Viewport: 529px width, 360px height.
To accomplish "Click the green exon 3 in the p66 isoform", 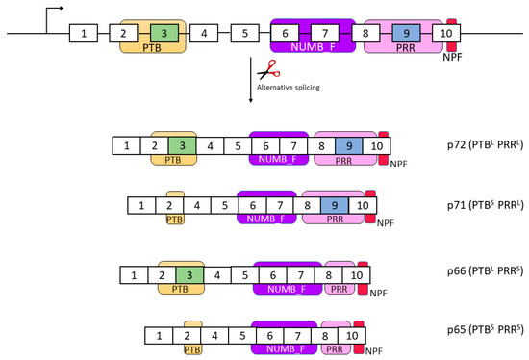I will (190, 274).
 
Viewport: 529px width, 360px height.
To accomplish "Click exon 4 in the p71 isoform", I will (197, 205).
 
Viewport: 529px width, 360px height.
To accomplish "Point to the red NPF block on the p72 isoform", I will (384, 145).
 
